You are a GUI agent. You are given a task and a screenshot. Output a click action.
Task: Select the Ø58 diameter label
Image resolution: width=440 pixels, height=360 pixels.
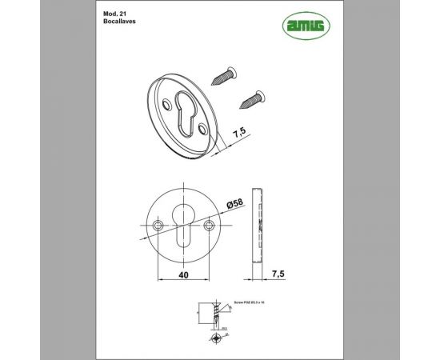236,205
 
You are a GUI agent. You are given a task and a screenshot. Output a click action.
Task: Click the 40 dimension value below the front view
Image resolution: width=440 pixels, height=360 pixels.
184,274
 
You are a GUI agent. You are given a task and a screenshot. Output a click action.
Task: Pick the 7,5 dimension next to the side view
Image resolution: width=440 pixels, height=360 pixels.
278,274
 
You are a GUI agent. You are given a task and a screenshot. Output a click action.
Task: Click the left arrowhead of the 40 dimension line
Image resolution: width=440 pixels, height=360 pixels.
158,281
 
